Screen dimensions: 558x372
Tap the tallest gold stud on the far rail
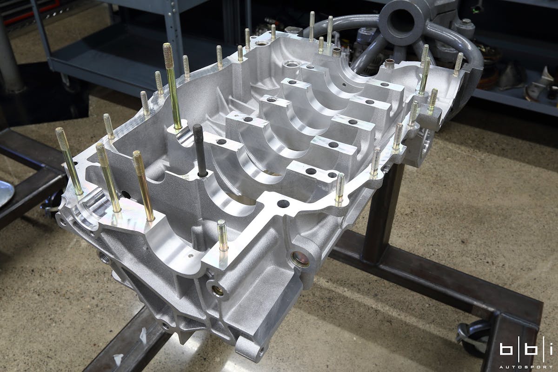point(172,86)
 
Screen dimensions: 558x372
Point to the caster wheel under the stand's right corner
point(472,337)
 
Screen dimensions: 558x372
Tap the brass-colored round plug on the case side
point(300,259)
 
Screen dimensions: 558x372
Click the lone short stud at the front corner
point(223,235)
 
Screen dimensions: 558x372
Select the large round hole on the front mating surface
point(283,204)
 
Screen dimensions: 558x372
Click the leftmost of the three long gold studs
point(69,161)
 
